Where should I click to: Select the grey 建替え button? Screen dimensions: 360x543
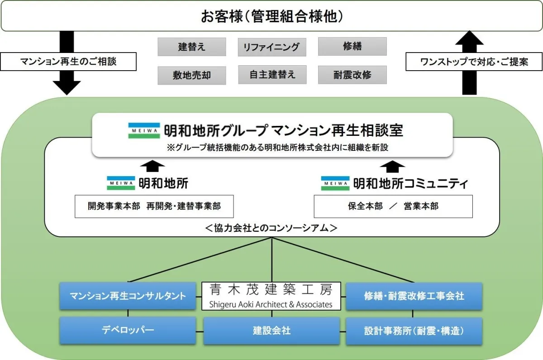[x=191, y=47]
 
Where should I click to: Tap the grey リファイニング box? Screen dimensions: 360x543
[x=271, y=47]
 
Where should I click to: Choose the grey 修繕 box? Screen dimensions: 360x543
[x=352, y=46]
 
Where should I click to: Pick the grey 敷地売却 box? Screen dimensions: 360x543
[x=191, y=75]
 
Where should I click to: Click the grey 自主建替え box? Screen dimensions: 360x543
[x=272, y=75]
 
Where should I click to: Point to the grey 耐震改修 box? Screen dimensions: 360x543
[x=352, y=75]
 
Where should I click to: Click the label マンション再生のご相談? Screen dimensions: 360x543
[x=68, y=61]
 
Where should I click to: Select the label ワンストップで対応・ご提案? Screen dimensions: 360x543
[x=474, y=61]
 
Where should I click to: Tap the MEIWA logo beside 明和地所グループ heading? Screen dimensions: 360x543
[x=144, y=131]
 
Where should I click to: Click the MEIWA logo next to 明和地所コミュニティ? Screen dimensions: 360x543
[x=335, y=183]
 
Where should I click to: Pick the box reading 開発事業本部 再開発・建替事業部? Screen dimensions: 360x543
[x=154, y=206]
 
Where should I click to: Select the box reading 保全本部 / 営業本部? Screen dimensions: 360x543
[x=393, y=206]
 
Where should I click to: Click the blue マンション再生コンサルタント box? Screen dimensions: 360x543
[x=128, y=296]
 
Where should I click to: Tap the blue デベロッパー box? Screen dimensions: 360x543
[x=128, y=331]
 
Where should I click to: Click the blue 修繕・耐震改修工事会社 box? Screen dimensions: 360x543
[x=414, y=296]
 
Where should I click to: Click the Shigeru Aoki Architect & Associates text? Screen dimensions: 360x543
[x=271, y=304]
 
